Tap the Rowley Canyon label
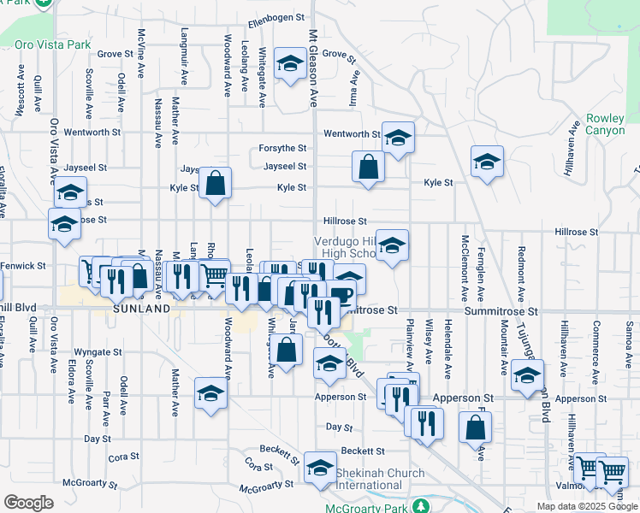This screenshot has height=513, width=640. [606, 125]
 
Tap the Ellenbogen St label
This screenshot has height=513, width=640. [276, 17]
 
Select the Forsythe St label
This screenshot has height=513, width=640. [283, 148]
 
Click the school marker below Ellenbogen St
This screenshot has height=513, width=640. [290, 63]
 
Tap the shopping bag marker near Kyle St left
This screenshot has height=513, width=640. [216, 183]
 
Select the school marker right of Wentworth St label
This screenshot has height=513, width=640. [398, 137]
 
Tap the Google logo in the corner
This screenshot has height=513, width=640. [28, 503]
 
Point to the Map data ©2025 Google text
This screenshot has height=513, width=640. [586, 506]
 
